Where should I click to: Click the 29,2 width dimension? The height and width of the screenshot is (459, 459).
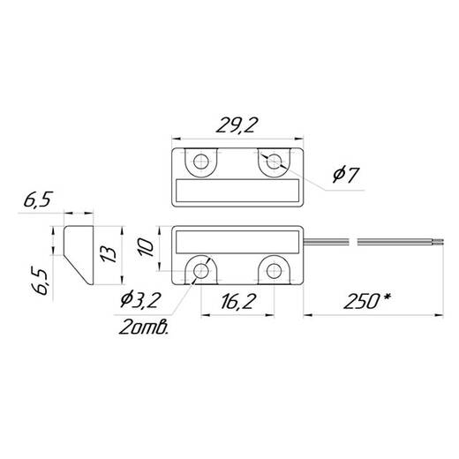click(237, 124)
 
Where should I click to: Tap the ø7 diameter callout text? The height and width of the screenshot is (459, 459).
click(346, 175)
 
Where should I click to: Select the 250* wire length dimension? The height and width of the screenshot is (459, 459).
click(367, 301)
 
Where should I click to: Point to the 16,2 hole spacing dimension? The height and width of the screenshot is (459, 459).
click(237, 301)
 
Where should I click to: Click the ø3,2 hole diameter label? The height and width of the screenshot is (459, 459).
click(140, 300)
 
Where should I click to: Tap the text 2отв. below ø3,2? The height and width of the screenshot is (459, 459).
click(144, 327)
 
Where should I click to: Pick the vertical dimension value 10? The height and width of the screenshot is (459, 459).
click(147, 247)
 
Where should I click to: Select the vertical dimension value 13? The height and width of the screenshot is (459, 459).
click(108, 254)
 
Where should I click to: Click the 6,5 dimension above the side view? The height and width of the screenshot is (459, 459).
click(38, 199)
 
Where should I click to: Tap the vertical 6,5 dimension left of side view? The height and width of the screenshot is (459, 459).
click(39, 282)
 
